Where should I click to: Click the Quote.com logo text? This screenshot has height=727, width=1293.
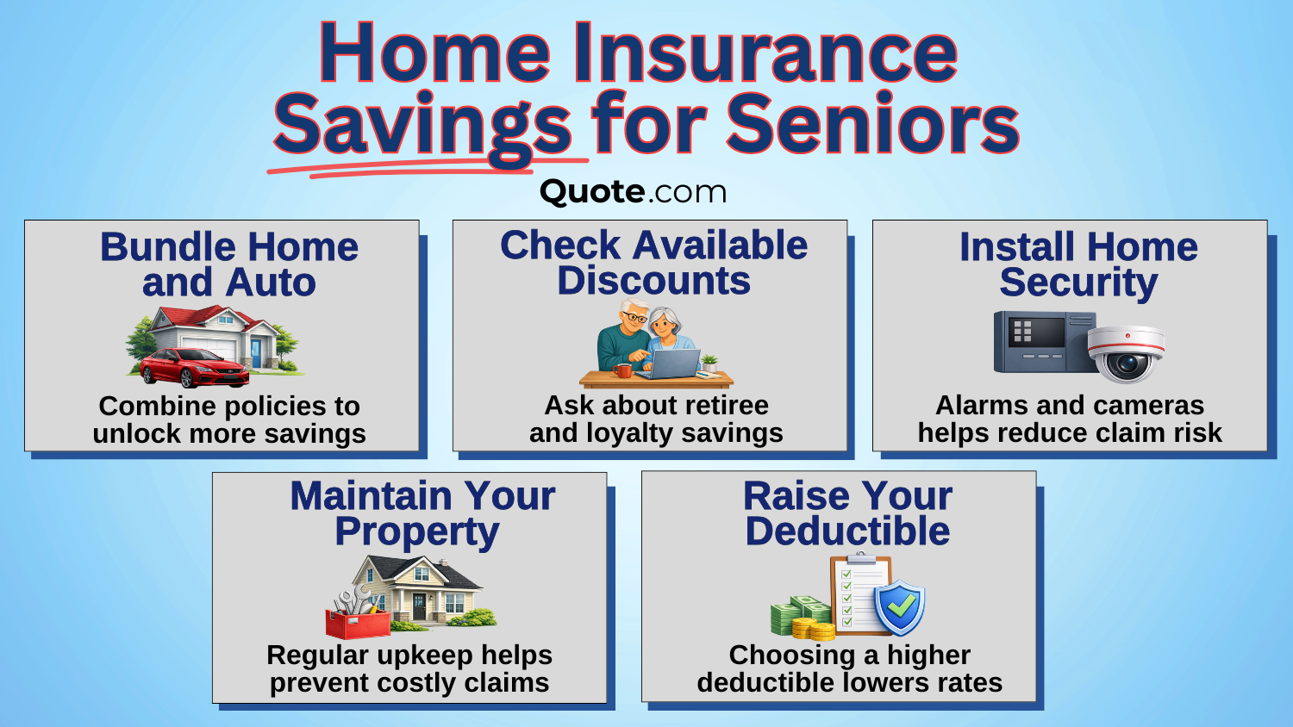633,191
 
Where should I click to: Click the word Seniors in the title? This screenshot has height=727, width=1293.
872,124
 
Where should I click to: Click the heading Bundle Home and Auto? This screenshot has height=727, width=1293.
229,264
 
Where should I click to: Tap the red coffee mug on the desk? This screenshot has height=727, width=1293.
622,370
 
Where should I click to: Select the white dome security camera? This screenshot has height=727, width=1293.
1126,352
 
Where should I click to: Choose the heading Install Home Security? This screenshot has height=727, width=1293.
1078,264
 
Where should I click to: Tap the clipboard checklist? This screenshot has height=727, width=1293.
859,594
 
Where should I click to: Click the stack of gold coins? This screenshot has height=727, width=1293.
813,629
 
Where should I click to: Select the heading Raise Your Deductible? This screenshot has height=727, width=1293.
847,513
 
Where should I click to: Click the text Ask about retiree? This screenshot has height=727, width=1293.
656,405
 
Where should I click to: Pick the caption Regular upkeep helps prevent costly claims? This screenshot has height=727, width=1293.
409,668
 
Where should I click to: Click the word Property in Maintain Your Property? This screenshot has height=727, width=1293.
417,532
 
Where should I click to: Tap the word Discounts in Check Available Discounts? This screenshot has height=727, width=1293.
653,282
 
